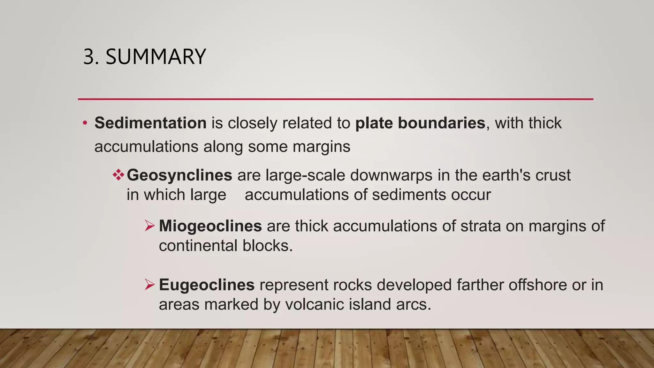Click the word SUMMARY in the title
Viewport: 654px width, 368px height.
(x=156, y=57)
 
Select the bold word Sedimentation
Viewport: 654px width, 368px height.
(x=150, y=123)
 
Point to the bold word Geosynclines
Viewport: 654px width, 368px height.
(x=179, y=175)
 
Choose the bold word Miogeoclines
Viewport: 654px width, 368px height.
(x=210, y=226)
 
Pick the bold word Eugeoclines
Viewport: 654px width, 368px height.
(x=207, y=285)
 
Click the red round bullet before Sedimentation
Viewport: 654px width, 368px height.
(x=85, y=123)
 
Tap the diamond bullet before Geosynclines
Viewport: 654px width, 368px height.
(x=118, y=175)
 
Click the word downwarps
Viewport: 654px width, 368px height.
(x=391, y=175)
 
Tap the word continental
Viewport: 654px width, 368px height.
(x=198, y=246)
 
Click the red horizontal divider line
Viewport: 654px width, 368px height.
(x=335, y=99)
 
